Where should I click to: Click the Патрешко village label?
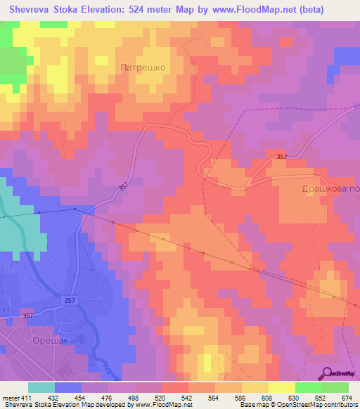click(143, 68)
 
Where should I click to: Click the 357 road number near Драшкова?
click(282, 156)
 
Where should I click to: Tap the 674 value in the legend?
click(346, 397)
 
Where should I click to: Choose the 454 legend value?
click(82, 397)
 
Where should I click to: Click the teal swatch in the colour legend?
click(41, 387)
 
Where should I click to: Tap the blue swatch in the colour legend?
click(68, 387)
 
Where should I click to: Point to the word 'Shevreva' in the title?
click(30, 9)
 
